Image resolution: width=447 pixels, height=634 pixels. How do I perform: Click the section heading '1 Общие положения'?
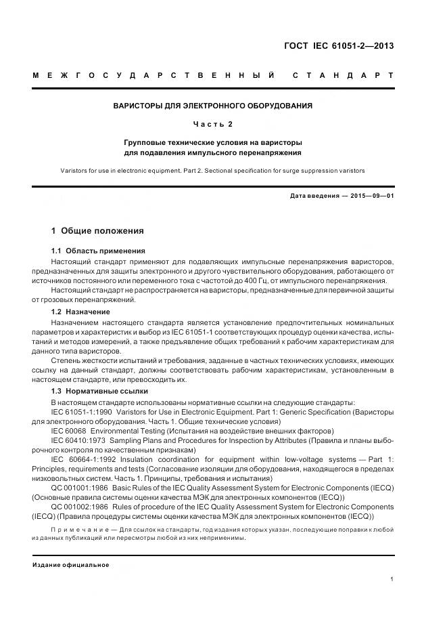(x=97, y=232)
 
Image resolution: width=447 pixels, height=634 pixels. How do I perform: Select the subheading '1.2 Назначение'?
(x=80, y=312)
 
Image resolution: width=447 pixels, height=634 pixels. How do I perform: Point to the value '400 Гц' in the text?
(x=284, y=280)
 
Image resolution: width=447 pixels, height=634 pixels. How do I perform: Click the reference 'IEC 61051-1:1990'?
(x=81, y=411)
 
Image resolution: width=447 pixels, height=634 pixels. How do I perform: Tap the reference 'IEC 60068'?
(x=69, y=430)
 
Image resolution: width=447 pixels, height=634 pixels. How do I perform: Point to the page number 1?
(x=392, y=578)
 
